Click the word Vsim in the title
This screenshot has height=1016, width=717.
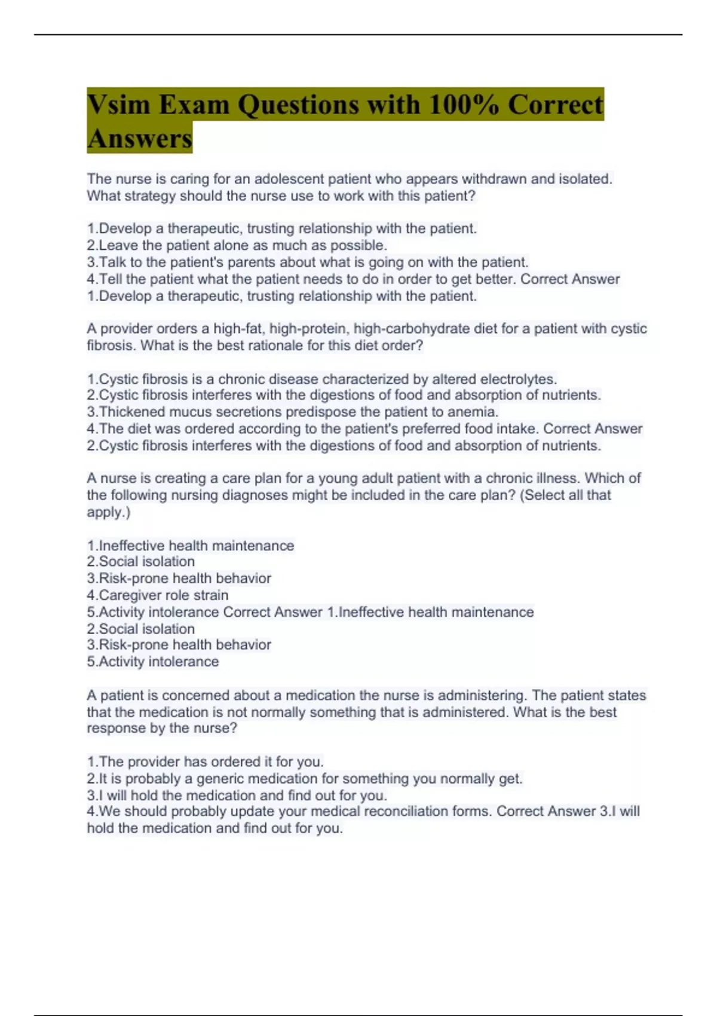point(117,105)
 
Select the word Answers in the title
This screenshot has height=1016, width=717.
point(140,139)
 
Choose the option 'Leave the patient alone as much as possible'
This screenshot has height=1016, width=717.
point(237,245)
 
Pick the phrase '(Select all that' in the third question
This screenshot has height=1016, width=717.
point(565,495)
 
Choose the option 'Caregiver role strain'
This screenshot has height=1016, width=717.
point(158,595)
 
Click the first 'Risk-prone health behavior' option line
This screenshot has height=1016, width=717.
point(179,579)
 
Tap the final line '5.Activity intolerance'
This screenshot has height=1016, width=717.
point(153,662)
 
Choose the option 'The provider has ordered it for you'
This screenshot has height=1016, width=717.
point(206,762)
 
